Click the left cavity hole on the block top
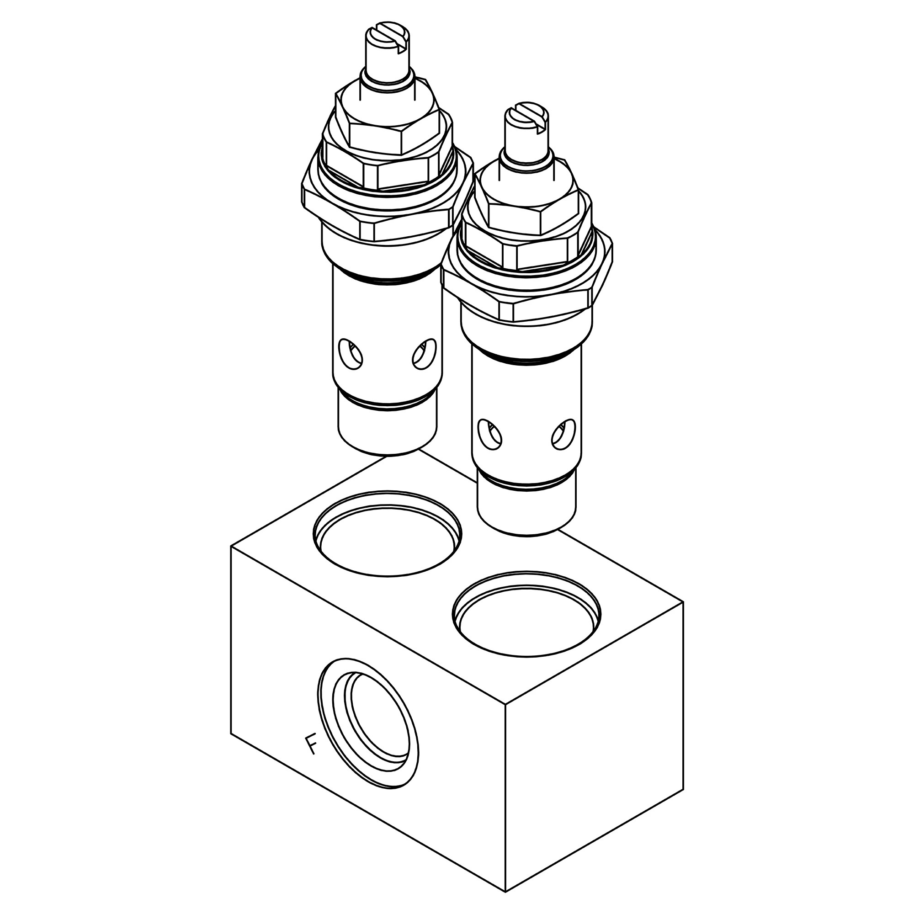[x=388, y=535]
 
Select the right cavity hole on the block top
[x=526, y=615]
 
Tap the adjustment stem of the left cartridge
[x=387, y=66]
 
